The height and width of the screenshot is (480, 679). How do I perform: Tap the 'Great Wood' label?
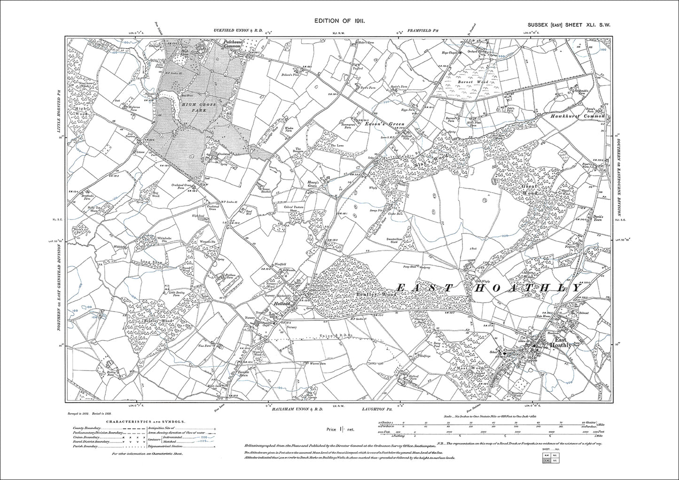point(530,189)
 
